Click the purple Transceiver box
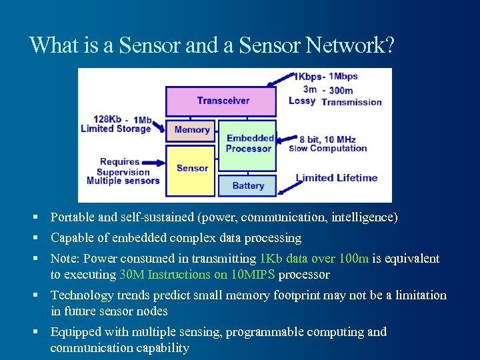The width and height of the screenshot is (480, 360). click(x=221, y=101)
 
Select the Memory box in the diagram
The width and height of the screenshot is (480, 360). click(x=191, y=130)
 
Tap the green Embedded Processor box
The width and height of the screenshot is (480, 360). click(x=248, y=144)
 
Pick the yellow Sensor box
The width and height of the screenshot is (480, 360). click(x=192, y=168)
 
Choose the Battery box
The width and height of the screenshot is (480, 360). click(x=248, y=185)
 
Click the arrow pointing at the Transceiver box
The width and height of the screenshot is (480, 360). click(x=281, y=80)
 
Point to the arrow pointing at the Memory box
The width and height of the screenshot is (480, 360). click(x=159, y=126)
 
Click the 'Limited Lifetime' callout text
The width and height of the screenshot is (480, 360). click(x=337, y=178)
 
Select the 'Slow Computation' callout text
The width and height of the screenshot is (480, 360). click(x=327, y=148)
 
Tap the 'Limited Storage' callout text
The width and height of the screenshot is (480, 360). click(x=115, y=129)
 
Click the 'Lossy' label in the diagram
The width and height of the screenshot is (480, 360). click(x=302, y=101)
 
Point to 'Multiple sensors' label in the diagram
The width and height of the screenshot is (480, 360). click(x=123, y=181)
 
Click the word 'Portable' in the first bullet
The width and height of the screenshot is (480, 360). click(x=72, y=217)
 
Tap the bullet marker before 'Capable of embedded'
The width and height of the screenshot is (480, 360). click(x=41, y=238)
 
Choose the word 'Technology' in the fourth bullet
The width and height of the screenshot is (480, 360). click(x=81, y=295)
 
